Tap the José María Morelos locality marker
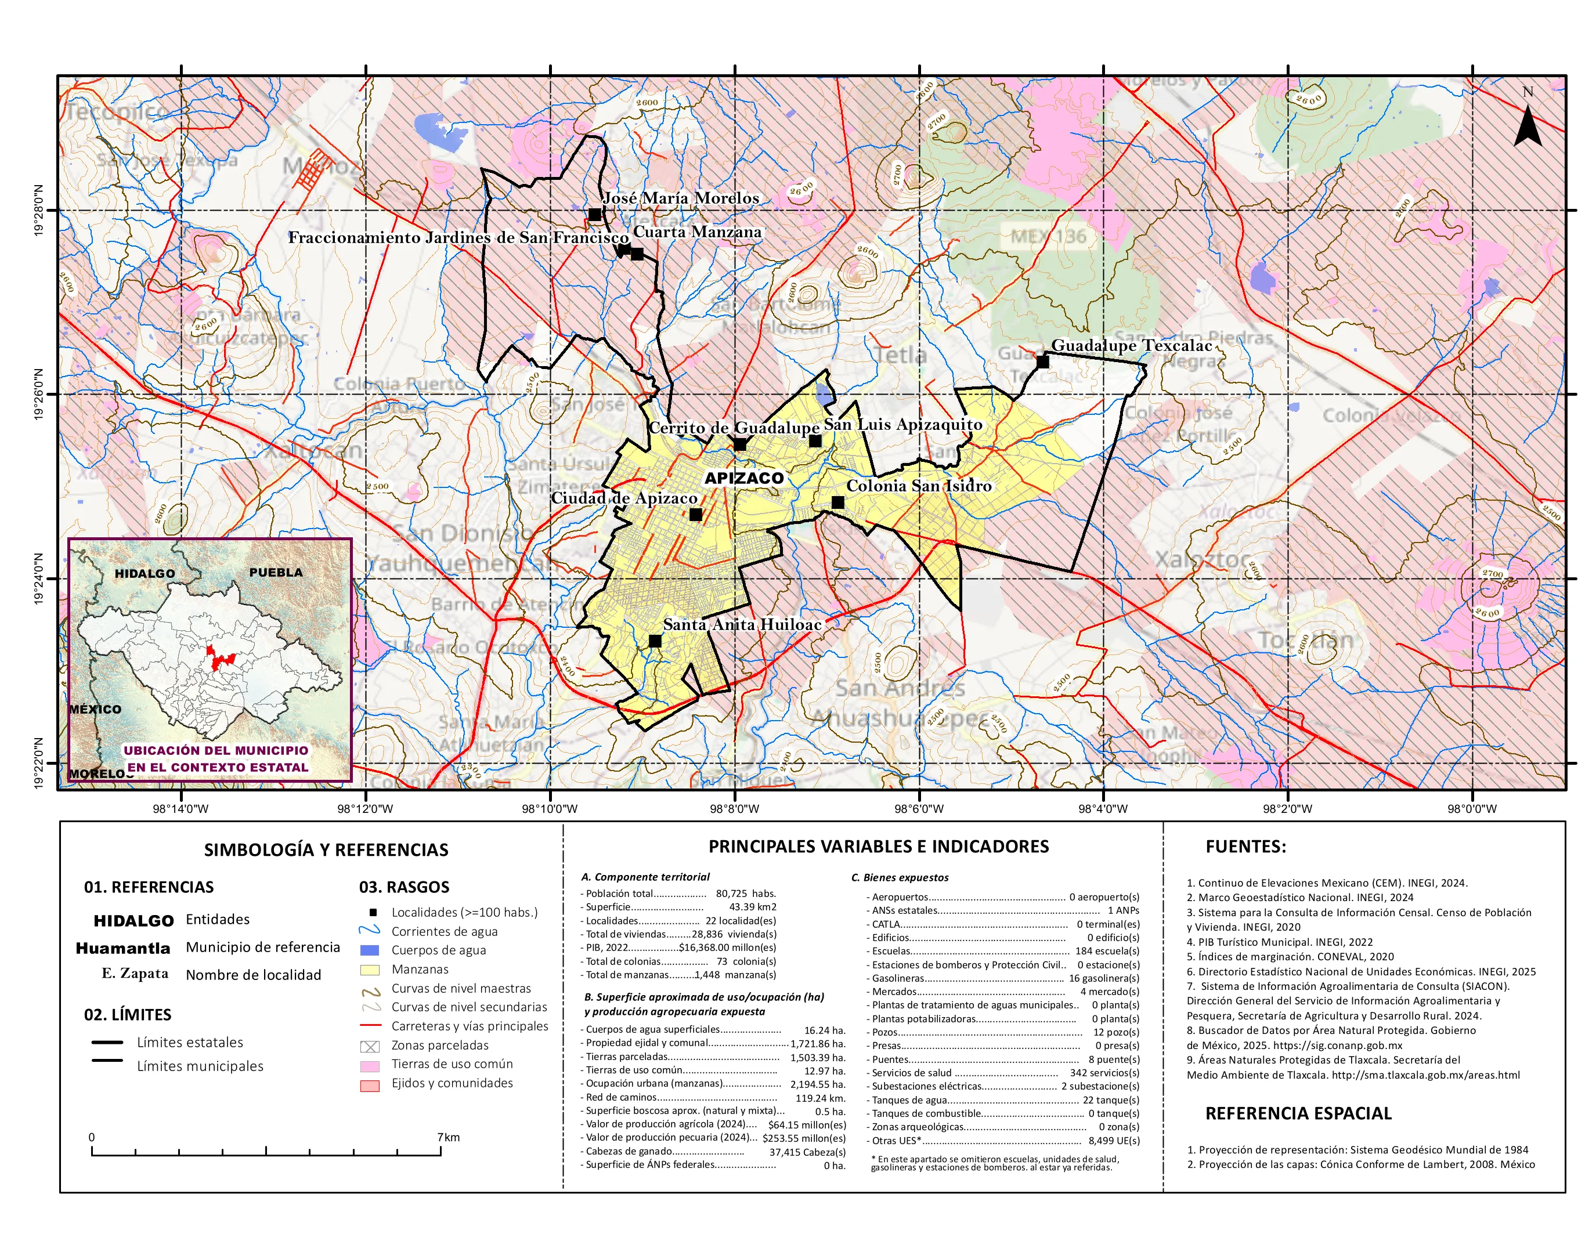click(595, 215)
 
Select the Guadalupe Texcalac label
click(1131, 345)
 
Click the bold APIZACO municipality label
click(744, 479)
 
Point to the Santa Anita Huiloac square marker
click(655, 641)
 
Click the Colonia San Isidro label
click(919, 486)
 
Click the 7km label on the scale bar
click(449, 1137)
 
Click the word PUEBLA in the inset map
click(276, 573)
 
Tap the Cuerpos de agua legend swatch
click(370, 950)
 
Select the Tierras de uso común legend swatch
click(370, 1066)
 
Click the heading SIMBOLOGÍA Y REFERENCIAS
click(326, 849)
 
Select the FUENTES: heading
click(1245, 847)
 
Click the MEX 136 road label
click(1048, 236)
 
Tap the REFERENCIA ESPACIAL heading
click(1298, 1113)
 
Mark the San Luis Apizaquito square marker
click(815, 440)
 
